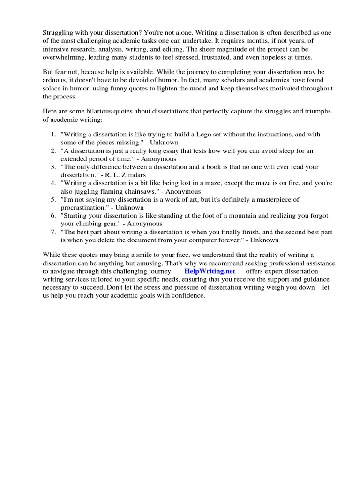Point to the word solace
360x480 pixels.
[52, 89]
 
